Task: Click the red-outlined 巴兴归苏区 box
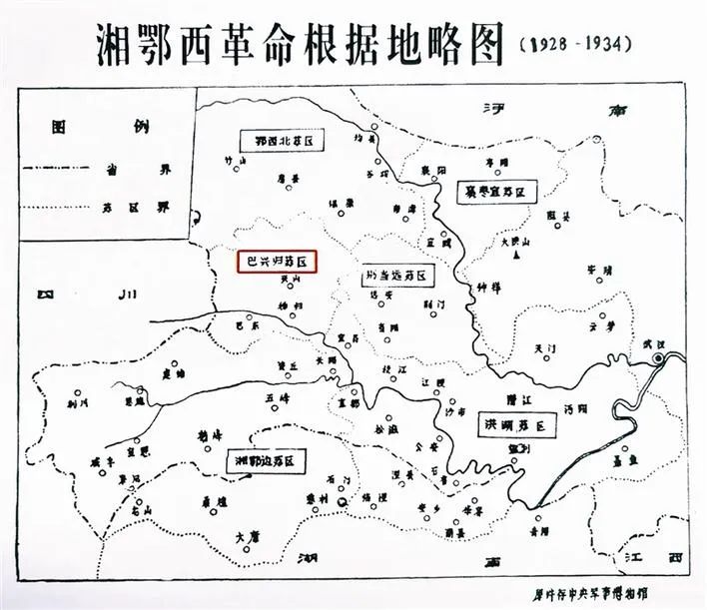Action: tap(275, 262)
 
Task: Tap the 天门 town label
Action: tap(544, 347)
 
